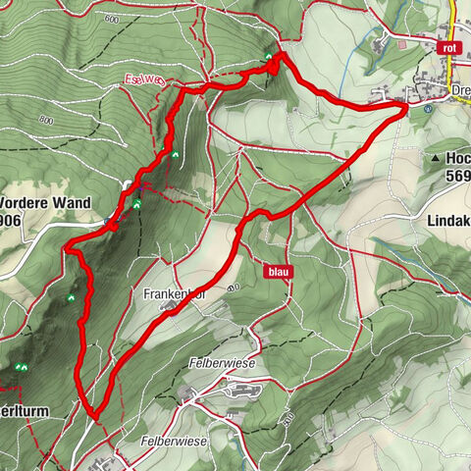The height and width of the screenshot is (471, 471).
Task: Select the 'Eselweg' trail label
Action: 143,78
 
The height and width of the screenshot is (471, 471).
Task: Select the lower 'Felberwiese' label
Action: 174,442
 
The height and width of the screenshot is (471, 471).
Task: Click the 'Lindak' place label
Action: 448,222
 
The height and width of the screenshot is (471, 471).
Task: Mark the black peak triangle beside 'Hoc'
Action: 433,157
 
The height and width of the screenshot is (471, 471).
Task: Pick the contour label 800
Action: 46,120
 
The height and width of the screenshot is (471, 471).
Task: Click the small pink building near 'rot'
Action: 400,42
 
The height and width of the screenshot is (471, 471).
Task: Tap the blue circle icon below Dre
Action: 429,110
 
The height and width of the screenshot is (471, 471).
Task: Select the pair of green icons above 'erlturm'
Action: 20,367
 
